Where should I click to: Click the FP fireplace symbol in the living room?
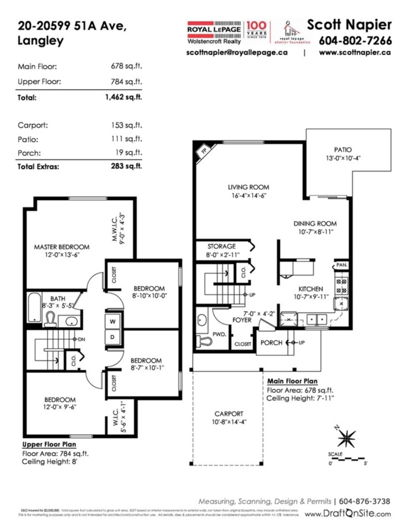click(204, 151)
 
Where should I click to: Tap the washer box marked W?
click(112, 321)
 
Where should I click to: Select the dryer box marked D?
click(112, 337)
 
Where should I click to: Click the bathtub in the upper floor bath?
click(35, 307)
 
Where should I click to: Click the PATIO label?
click(343, 150)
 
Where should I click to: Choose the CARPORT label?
click(229, 414)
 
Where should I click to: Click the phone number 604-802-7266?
click(355, 41)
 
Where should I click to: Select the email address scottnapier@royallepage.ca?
click(237, 52)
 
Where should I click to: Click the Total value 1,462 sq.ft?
click(124, 97)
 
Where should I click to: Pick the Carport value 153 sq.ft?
click(127, 125)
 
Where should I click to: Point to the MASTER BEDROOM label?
click(62, 247)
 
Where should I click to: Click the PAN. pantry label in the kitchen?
click(342, 265)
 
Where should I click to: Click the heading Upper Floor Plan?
click(49, 444)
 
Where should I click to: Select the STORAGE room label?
click(222, 246)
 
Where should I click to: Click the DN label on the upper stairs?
click(81, 339)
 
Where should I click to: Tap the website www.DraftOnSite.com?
click(348, 514)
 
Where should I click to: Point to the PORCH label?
click(271, 343)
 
